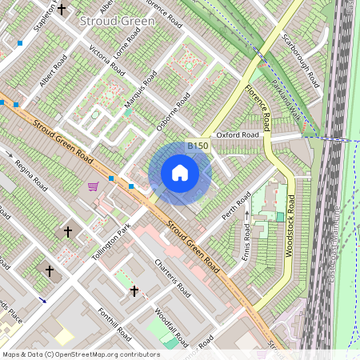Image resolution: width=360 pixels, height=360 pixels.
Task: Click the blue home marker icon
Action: click(180, 173)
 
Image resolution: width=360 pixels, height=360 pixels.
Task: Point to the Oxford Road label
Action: click(237, 135)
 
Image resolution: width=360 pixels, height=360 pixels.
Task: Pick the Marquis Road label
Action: click(140, 94)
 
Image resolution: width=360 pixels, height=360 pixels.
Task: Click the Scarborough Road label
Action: click(301, 60)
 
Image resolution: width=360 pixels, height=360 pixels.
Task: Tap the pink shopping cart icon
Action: click(93, 186)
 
